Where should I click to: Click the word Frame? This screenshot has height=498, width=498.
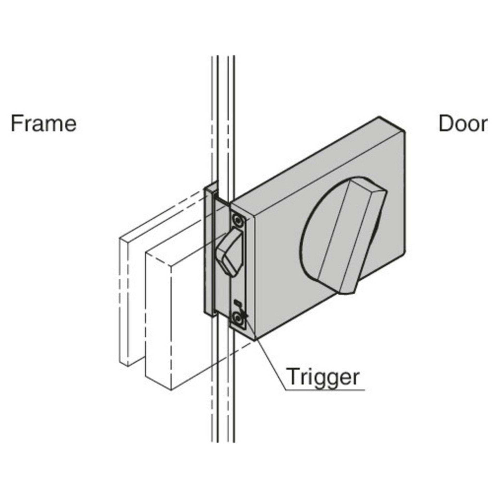pos(44,124)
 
